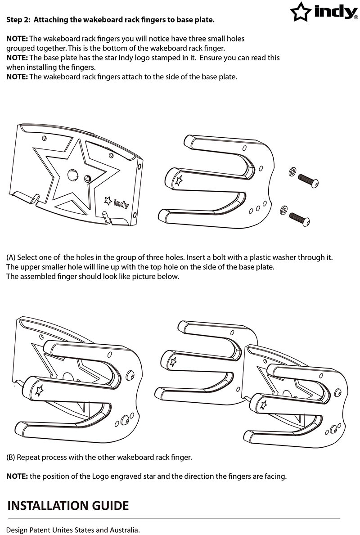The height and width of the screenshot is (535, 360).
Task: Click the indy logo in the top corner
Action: pos(324,12)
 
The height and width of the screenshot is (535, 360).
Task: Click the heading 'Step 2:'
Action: pos(19,20)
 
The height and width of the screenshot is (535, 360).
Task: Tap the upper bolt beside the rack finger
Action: pos(309,180)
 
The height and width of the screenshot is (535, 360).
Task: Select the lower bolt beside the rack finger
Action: pos(300,220)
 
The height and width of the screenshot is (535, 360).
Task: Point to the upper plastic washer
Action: pos(292,171)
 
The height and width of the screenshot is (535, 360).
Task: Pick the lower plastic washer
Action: pos(283,210)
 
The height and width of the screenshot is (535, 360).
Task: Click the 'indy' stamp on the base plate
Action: pos(117,202)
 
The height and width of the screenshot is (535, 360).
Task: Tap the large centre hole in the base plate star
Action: pos(73,175)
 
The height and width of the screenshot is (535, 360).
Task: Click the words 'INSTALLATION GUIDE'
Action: pos(68,505)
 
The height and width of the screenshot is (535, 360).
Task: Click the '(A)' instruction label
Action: pos(11,258)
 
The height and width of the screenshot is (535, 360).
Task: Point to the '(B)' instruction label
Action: pos(11,457)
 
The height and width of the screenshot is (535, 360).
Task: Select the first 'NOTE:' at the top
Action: pos(17,39)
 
